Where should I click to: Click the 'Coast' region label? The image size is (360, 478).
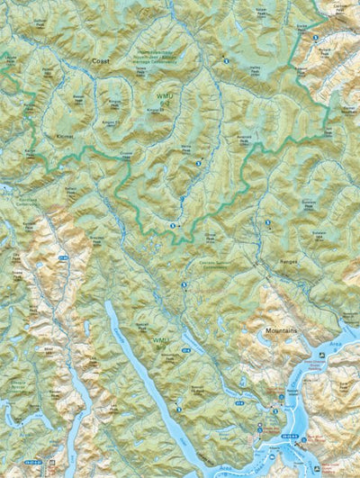point(100,60)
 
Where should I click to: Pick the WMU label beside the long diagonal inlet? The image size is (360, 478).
point(159,340)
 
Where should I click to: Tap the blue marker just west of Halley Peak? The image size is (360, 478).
point(226,61)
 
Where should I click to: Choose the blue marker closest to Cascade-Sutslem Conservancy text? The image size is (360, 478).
point(184,284)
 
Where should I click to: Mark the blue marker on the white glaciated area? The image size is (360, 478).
point(315,38)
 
